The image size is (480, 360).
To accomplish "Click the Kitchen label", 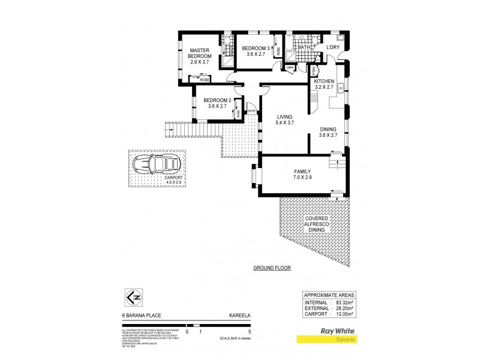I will coord(323,81).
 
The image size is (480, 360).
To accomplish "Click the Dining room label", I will coord(328,129).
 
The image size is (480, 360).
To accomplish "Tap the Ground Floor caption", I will coord(271,268).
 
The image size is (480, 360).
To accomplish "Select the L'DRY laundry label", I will coord(333,47).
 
